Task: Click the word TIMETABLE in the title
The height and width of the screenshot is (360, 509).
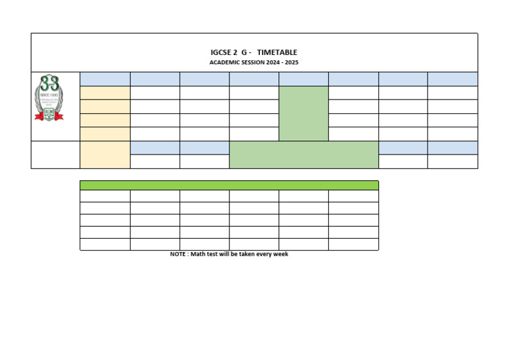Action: [x=277, y=52]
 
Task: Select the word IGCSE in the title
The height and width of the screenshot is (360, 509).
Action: [x=221, y=52]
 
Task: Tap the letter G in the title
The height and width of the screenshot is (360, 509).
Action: [x=244, y=52]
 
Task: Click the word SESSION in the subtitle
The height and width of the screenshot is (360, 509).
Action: [x=255, y=62]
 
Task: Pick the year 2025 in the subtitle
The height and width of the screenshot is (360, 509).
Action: [x=292, y=62]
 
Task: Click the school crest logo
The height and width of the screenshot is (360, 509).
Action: [x=49, y=98]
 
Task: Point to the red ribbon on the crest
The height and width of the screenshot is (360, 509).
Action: [x=49, y=117]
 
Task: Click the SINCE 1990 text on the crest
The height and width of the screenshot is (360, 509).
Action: [x=49, y=95]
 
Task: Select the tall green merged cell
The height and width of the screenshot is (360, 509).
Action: [x=304, y=113]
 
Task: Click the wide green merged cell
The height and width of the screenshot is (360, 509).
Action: [x=304, y=154]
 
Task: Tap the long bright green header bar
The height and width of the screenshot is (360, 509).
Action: [x=229, y=185]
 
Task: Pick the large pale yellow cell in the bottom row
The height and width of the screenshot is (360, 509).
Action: [x=105, y=154]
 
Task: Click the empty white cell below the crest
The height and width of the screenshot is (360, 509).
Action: [x=56, y=154]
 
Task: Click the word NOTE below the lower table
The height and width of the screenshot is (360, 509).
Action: [x=178, y=254]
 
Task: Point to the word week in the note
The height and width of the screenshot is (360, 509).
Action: [x=280, y=254]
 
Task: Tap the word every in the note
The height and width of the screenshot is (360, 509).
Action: [x=263, y=254]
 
